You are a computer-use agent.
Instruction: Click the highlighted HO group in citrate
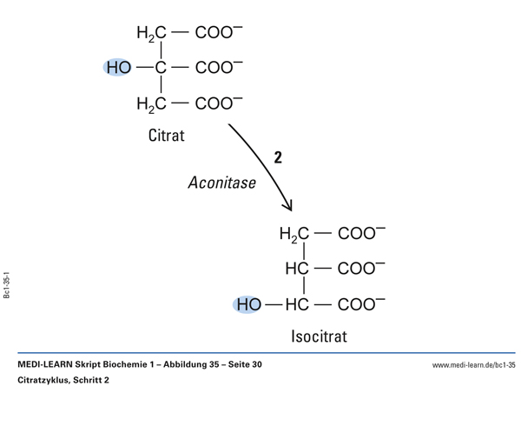[x=119, y=68]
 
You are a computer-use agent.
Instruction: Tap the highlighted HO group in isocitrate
[x=247, y=304]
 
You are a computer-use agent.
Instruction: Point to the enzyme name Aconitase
[x=221, y=183]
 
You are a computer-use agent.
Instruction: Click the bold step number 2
[x=278, y=158]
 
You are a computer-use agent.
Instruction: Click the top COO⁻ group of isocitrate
[x=362, y=234]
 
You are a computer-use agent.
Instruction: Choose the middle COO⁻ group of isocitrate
[x=362, y=270]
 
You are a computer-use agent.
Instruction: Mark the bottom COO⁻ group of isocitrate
[x=362, y=304]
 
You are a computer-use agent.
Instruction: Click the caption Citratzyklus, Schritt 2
[x=63, y=380]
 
